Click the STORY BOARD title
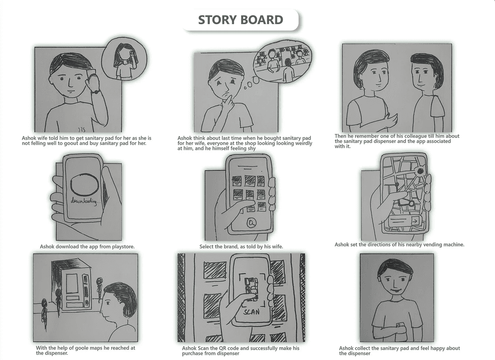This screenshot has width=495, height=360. coord(241,20)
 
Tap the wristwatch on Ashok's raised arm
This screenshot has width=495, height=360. coord(96,92)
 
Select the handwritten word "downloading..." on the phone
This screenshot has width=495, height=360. coord(84,201)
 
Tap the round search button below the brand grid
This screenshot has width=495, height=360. coord(251,223)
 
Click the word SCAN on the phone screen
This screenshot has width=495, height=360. coord(252,312)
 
